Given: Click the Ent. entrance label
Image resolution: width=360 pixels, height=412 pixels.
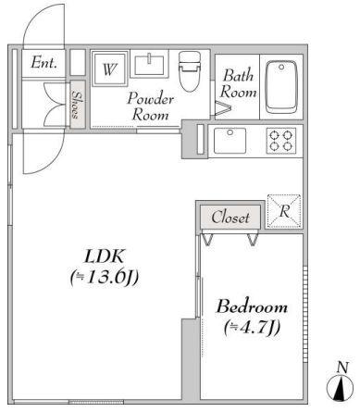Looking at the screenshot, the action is [43, 62].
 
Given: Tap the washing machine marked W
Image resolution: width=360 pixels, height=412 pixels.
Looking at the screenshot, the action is [110, 69].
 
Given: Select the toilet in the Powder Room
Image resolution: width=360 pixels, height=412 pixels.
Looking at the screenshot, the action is [190, 71].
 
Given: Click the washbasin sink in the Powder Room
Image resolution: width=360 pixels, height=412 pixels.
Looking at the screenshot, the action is [149, 64].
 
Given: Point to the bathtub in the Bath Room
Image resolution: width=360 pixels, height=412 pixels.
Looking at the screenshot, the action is [281, 87].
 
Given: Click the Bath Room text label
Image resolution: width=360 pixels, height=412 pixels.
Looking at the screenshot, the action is [238, 83].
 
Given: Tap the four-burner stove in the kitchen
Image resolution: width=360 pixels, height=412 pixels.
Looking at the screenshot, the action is [281, 141].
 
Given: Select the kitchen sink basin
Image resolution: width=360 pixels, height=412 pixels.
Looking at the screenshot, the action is [230, 141].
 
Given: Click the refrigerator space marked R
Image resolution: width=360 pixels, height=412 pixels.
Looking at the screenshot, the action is [284, 211].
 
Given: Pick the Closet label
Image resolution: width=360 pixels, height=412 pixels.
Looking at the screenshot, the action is [230, 218].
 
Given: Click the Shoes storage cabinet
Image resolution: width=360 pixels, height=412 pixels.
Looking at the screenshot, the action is [77, 105].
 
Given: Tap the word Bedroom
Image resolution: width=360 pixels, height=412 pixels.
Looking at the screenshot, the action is [252, 306].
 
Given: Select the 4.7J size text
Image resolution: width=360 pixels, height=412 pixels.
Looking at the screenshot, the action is [252, 328].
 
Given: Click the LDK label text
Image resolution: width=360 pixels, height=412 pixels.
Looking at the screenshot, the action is [105, 256].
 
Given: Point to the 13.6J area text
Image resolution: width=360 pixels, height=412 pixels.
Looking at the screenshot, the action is [105, 278].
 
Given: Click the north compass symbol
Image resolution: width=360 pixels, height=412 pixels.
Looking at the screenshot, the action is [341, 389].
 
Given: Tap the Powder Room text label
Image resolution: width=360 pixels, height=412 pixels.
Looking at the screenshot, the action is [151, 106].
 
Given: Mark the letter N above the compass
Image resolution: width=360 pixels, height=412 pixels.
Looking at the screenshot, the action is [342, 368].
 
